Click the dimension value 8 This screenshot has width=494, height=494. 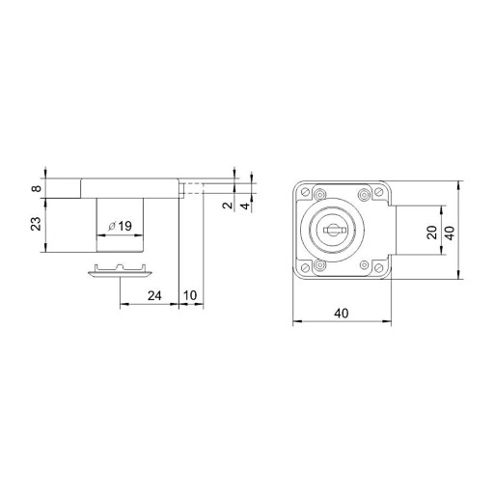[37, 188]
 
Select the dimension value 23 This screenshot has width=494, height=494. [37, 224]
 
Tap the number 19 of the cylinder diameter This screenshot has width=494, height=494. [124, 226]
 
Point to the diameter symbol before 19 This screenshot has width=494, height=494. [112, 227]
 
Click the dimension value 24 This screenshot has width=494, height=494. [154, 295]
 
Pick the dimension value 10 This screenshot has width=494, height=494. [190, 295]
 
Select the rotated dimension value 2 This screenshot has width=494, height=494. [228, 206]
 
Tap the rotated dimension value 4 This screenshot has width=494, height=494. [245, 206]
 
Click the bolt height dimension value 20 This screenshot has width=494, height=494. [432, 233]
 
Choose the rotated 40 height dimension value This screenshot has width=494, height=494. [451, 233]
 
